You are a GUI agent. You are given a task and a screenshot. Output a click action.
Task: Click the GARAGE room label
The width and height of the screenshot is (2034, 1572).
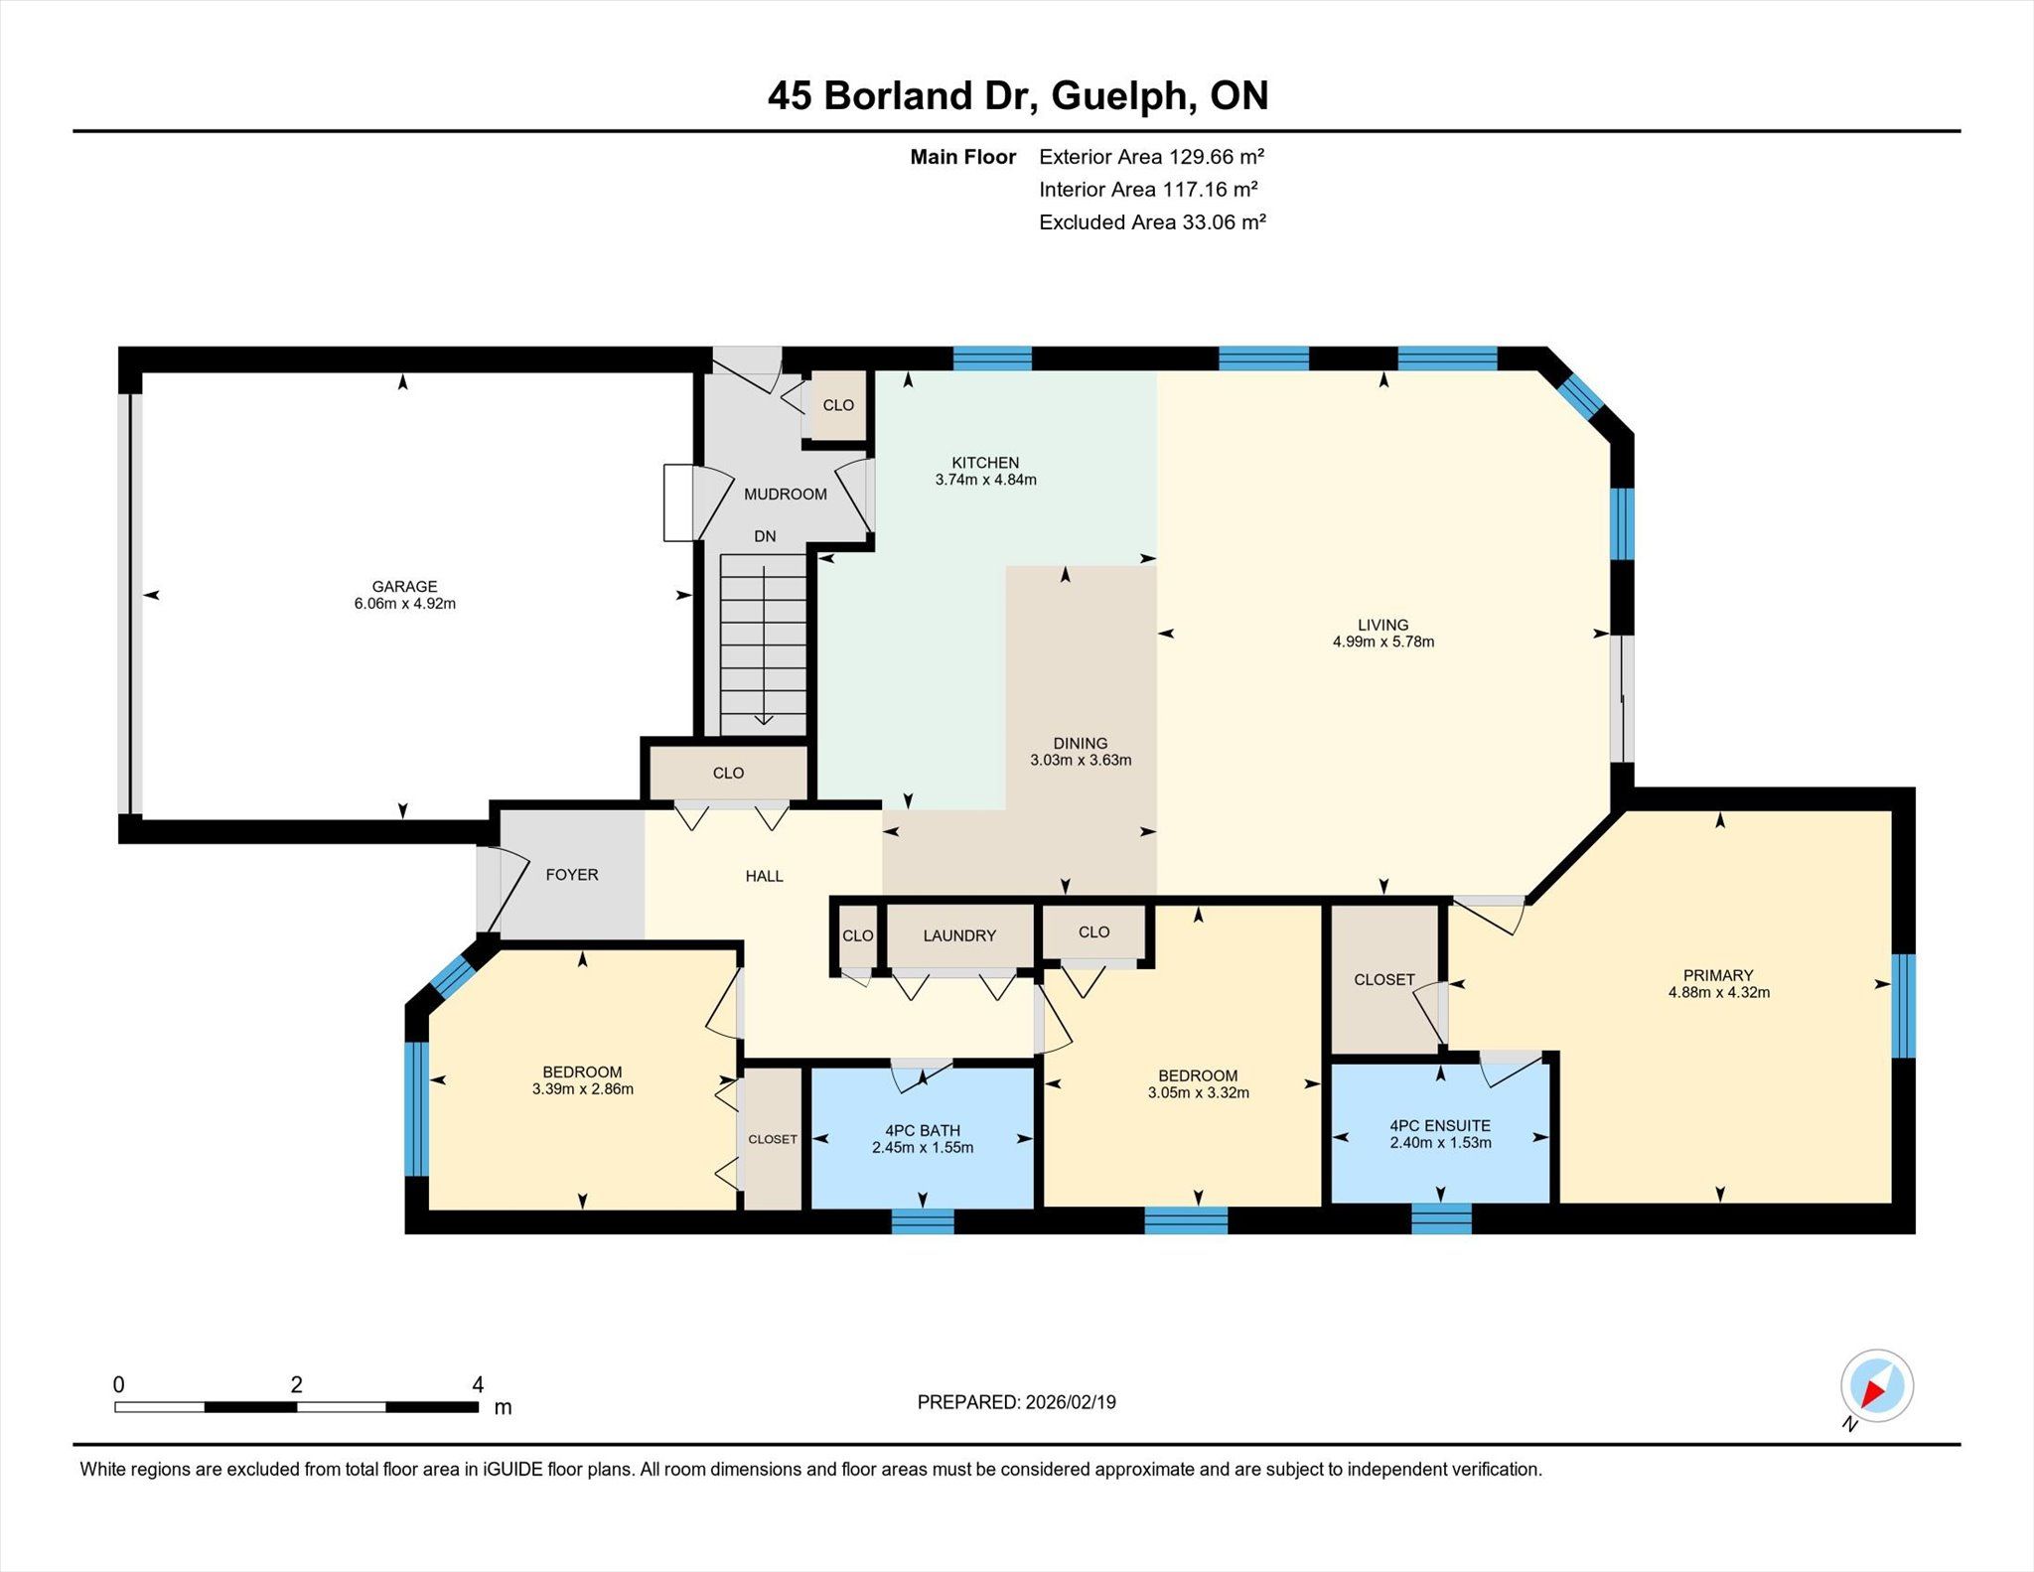pyautogui.click(x=404, y=587)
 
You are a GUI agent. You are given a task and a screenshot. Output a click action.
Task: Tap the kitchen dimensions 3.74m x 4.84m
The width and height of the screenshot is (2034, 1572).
pyautogui.click(x=985, y=480)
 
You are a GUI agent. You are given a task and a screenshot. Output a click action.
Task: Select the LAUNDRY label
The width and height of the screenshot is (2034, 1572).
pyautogui.click(x=959, y=935)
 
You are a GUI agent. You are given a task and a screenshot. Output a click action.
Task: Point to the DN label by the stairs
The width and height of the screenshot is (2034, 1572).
pyautogui.click(x=765, y=536)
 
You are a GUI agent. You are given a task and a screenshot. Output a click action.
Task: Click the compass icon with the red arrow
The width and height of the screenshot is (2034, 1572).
pyautogui.click(x=1876, y=1386)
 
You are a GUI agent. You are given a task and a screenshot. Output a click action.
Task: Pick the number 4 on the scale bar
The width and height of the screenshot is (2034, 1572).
pyautogui.click(x=478, y=1384)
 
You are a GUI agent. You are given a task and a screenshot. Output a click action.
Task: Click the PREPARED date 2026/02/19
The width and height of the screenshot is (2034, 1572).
pyautogui.click(x=1071, y=1402)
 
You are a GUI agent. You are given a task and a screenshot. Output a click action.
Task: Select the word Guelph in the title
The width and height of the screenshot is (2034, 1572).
pyautogui.click(x=1119, y=95)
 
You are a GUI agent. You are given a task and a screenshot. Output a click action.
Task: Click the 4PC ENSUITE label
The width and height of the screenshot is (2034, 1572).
pyautogui.click(x=1440, y=1125)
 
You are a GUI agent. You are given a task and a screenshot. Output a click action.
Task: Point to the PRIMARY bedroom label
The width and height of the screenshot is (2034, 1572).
pyautogui.click(x=1718, y=975)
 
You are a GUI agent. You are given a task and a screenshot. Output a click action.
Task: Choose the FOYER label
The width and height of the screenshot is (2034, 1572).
pyautogui.click(x=572, y=875)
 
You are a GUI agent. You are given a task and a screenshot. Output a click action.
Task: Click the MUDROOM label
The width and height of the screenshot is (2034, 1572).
pyautogui.click(x=786, y=495)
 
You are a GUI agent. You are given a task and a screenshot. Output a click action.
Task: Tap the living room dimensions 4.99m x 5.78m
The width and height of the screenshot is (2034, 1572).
pyautogui.click(x=1383, y=642)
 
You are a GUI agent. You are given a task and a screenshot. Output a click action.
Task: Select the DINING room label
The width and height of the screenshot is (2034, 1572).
pyautogui.click(x=1081, y=744)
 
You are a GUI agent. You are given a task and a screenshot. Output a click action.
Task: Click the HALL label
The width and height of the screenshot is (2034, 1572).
pyautogui.click(x=765, y=876)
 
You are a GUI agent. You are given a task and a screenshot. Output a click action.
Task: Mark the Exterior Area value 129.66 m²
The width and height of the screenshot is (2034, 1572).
pyautogui.click(x=1217, y=157)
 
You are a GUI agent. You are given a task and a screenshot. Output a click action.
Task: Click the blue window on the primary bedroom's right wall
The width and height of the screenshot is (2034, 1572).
pyautogui.click(x=1903, y=1006)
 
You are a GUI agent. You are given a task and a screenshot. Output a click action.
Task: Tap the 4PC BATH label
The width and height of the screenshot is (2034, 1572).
pyautogui.click(x=923, y=1130)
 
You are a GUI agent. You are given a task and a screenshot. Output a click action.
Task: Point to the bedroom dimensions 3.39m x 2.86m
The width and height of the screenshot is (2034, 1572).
pyautogui.click(x=583, y=1088)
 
